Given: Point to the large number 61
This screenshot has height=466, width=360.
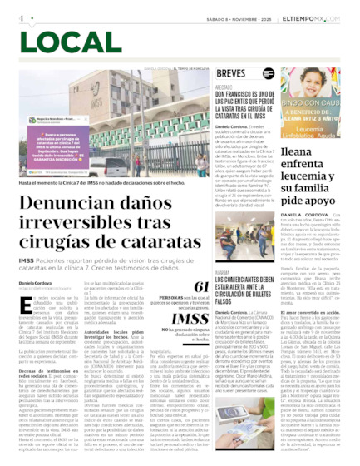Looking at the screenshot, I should (x=200, y=287).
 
